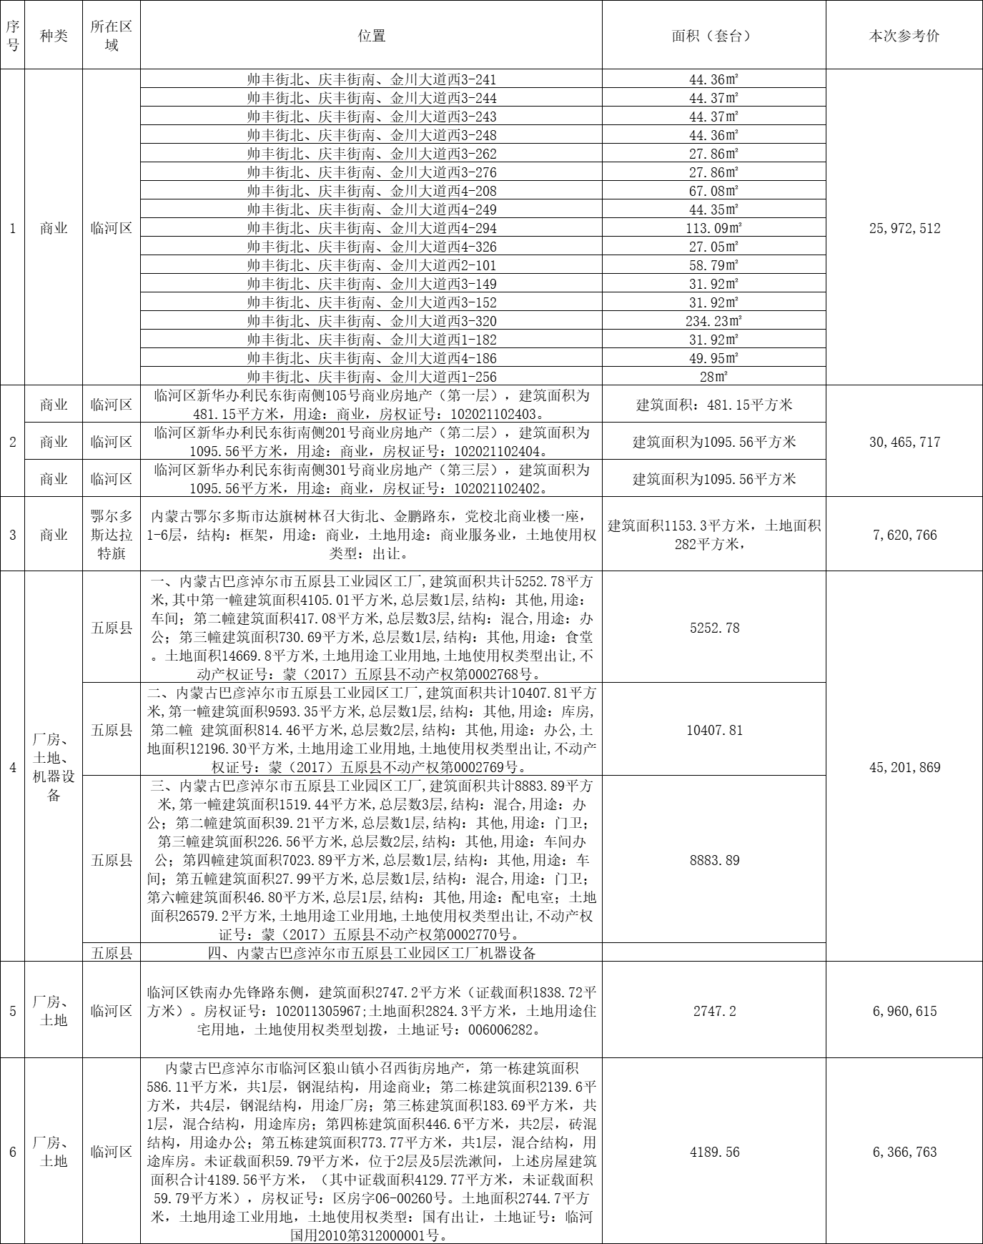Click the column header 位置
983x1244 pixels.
click(371, 36)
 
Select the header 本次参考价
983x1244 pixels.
click(904, 36)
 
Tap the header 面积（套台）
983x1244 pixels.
click(713, 36)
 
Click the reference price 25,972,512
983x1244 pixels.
click(904, 229)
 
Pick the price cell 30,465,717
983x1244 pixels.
click(904, 442)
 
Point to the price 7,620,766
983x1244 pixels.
click(904, 535)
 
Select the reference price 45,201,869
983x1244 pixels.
click(904, 767)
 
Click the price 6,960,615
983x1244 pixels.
click(904, 1011)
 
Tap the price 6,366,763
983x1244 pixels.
click(904, 1152)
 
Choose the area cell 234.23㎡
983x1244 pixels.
click(713, 322)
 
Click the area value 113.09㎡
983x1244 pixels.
click(713, 229)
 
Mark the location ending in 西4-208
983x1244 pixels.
click(371, 192)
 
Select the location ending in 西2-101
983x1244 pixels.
click(371, 266)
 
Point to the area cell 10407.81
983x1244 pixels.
click(713, 730)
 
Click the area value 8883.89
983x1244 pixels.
click(713, 860)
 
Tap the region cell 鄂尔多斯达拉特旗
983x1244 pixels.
click(112, 535)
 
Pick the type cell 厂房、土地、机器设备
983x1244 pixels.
click(54, 767)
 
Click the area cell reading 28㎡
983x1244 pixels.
click(713, 377)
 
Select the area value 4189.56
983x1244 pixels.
click(713, 1152)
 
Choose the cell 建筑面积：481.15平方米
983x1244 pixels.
click(713, 405)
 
